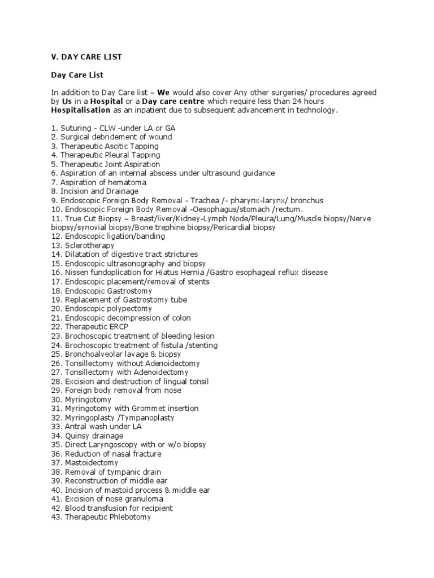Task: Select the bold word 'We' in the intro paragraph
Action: (163, 92)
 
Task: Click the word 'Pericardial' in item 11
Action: (235, 227)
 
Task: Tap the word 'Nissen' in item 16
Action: (76, 273)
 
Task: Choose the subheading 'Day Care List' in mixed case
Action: (77, 75)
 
